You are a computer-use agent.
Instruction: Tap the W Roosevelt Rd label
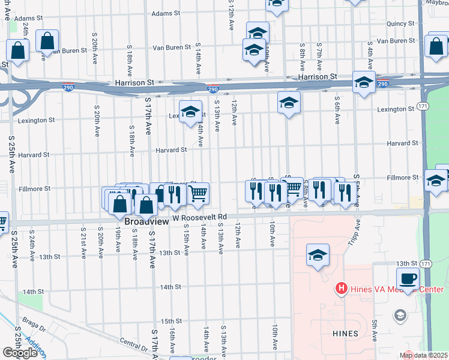(x=200, y=217)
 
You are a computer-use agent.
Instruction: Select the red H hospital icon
(x=341, y=289)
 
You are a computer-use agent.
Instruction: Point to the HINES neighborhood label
(x=344, y=333)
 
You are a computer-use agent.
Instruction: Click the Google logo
(x=20, y=353)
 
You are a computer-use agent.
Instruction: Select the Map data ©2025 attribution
(x=424, y=355)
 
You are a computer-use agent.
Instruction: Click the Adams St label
(x=165, y=13)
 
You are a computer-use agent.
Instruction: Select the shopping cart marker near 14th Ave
(x=197, y=194)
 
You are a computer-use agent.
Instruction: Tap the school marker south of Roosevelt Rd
(x=318, y=256)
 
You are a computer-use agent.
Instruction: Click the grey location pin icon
(x=400, y=315)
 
